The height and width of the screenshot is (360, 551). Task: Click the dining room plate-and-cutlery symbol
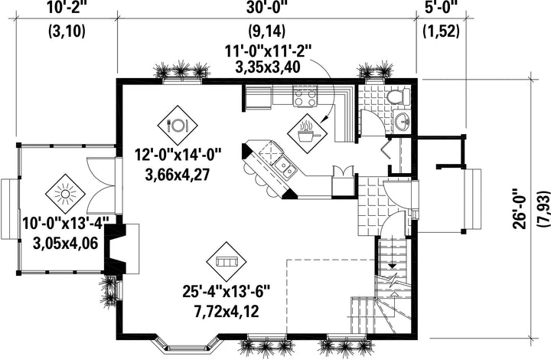pyautogui.click(x=178, y=124)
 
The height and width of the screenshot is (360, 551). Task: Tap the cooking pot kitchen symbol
pyautogui.click(x=307, y=133)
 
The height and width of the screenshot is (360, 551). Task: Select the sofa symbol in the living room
pyautogui.click(x=227, y=261)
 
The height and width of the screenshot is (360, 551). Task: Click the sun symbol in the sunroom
pyautogui.click(x=65, y=194)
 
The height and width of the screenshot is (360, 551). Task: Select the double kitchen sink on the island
pyautogui.click(x=285, y=167)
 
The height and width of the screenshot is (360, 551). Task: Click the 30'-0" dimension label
pyautogui.click(x=267, y=8)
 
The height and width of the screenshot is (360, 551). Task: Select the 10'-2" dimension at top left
pyautogui.click(x=67, y=8)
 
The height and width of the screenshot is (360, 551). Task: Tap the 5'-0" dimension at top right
pyautogui.click(x=442, y=8)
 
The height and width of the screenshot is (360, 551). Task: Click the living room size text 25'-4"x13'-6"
pyautogui.click(x=227, y=291)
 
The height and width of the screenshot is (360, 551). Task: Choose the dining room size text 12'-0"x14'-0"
pyautogui.click(x=178, y=155)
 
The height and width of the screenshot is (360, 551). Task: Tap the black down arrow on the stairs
pyautogui.click(x=393, y=267)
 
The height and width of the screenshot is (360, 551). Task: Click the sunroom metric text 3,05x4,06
pyautogui.click(x=65, y=243)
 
